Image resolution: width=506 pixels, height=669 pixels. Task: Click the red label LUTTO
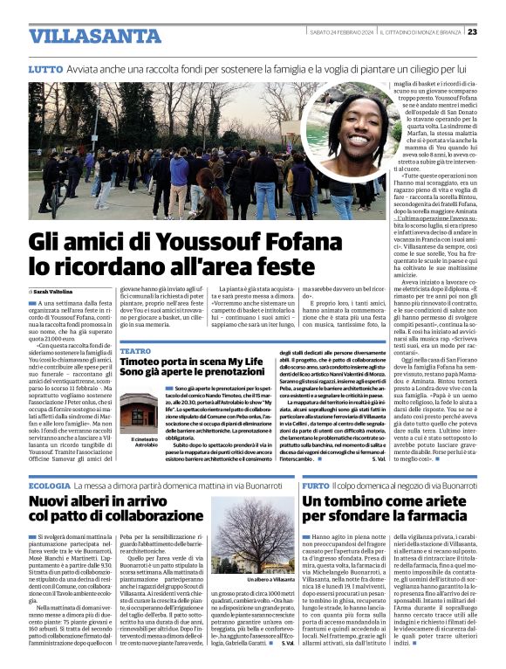[45, 68]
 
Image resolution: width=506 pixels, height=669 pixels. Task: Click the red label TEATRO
[134, 350]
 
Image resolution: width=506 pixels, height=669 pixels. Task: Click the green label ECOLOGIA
[49, 485]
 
